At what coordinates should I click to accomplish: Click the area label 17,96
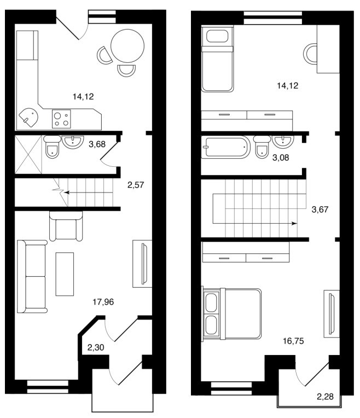click(x=103, y=302)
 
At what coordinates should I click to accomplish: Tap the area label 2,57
click(x=136, y=185)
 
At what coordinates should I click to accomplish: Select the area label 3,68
click(x=97, y=144)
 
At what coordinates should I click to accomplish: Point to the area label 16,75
click(x=293, y=341)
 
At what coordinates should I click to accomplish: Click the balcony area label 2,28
click(x=325, y=397)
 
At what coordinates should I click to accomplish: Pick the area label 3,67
click(x=320, y=210)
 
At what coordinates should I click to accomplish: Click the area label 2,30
click(x=96, y=347)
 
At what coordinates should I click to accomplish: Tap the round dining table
click(x=127, y=46)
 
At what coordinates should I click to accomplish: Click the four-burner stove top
click(x=61, y=119)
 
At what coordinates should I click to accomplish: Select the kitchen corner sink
click(x=29, y=117)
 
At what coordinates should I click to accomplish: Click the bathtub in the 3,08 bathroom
click(x=225, y=147)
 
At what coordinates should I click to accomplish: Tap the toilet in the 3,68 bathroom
click(x=53, y=147)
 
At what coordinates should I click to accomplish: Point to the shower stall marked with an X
click(x=28, y=155)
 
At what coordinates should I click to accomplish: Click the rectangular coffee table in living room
click(x=65, y=274)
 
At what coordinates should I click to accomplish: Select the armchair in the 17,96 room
click(x=66, y=227)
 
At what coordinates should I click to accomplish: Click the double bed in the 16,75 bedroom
click(x=231, y=313)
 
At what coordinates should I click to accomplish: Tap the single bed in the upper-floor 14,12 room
click(x=217, y=59)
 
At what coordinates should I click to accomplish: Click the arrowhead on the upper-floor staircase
click(x=294, y=223)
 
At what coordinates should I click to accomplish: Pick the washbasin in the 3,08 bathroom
click(x=283, y=142)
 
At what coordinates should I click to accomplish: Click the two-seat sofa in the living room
click(x=32, y=276)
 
